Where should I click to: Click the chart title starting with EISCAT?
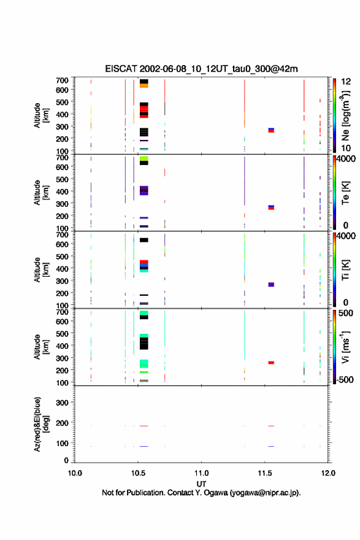pos(201,69)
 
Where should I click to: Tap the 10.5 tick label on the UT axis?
pos(138,473)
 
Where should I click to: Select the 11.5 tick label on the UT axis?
pos(265,473)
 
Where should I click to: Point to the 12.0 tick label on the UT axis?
pos(328,473)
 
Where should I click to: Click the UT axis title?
pos(201,484)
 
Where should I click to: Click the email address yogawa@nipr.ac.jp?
pos(264,493)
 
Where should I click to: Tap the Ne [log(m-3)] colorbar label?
pos(345,115)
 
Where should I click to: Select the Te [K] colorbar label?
pos(345,193)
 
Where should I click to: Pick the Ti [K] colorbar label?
pos(345,269)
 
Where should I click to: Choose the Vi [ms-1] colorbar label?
pos(345,347)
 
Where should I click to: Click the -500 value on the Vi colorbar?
pos(345,379)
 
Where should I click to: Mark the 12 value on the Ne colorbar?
pos(346,82)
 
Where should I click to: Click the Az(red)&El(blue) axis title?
pos(41,424)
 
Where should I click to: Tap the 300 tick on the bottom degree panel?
pos(63,403)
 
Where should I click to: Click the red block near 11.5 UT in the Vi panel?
pos(271,363)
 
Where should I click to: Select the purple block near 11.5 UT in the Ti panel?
pos(271,285)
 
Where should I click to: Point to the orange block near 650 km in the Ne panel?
pos(144,85)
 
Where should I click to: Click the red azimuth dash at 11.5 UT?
pos(271,426)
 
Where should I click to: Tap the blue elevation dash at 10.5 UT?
pos(144,446)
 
